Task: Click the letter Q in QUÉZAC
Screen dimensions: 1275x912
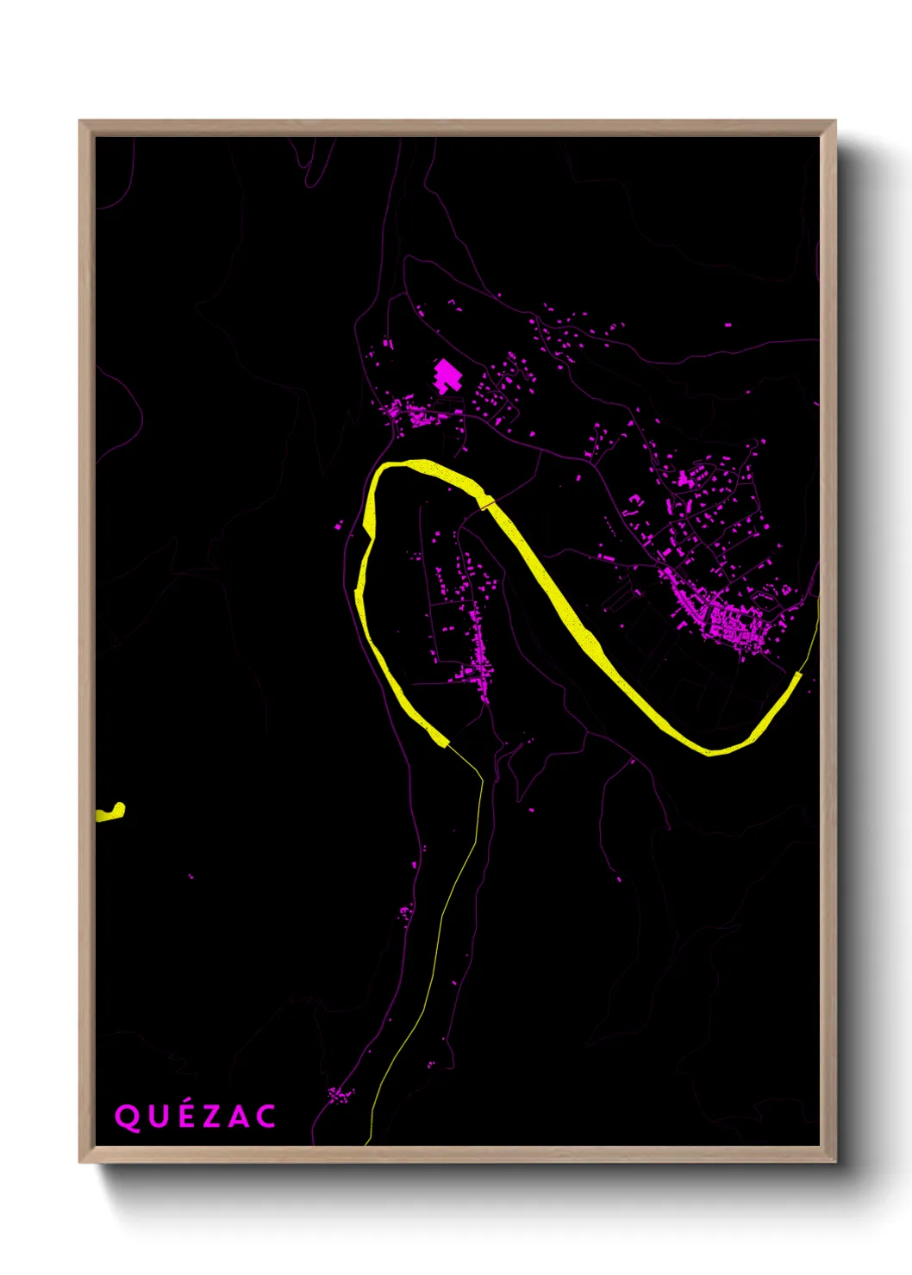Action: pyautogui.click(x=127, y=1117)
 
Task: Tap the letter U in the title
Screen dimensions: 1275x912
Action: pyautogui.click(x=157, y=1117)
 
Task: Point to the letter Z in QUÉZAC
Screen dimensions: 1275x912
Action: pyautogui.click(x=210, y=1117)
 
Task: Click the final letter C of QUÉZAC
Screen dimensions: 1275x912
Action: pyautogui.click(x=265, y=1117)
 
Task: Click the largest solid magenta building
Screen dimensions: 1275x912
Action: pyautogui.click(x=447, y=376)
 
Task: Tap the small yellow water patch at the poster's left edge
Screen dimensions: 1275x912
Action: pyautogui.click(x=111, y=812)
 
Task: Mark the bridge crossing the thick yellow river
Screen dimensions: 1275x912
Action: pyautogui.click(x=486, y=501)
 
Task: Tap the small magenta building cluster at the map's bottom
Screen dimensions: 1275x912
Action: pyautogui.click(x=340, y=1095)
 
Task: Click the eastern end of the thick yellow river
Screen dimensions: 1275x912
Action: pyautogui.click(x=797, y=677)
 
